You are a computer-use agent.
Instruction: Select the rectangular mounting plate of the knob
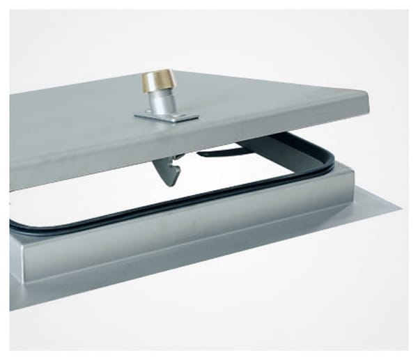tap(167, 116)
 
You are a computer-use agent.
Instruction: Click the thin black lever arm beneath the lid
tap(223, 152)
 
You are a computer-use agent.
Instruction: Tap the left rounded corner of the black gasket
tap(15, 226)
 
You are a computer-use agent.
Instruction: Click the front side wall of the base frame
tap(174, 230)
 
